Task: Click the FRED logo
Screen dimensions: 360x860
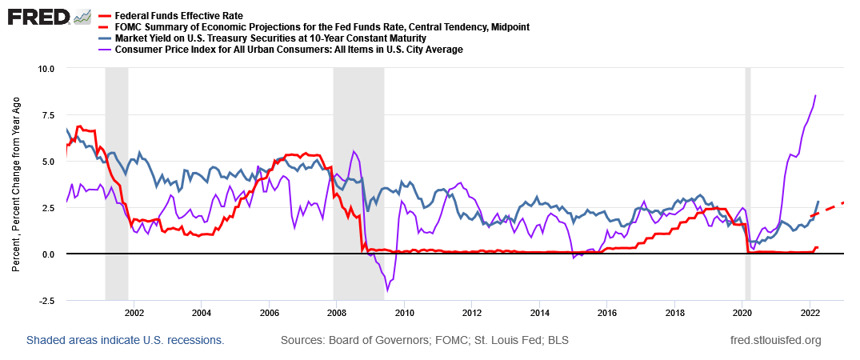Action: click(x=37, y=17)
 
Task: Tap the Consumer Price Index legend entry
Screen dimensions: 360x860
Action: click(x=289, y=50)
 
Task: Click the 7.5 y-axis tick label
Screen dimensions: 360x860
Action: click(x=46, y=114)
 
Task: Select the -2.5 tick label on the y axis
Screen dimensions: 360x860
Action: click(x=45, y=301)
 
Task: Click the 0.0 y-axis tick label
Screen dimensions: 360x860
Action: click(x=46, y=254)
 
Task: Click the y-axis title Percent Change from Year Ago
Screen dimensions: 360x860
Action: click(x=16, y=184)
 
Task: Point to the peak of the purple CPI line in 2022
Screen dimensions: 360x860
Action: click(x=815, y=96)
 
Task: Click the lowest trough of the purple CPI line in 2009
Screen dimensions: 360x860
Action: click(x=387, y=290)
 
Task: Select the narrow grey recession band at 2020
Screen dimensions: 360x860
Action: click(x=748, y=184)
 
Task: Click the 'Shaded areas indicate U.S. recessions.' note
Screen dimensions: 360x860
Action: click(x=125, y=341)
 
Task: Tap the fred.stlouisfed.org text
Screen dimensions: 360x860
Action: click(x=776, y=341)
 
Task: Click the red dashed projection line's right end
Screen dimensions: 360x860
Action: click(x=844, y=202)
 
